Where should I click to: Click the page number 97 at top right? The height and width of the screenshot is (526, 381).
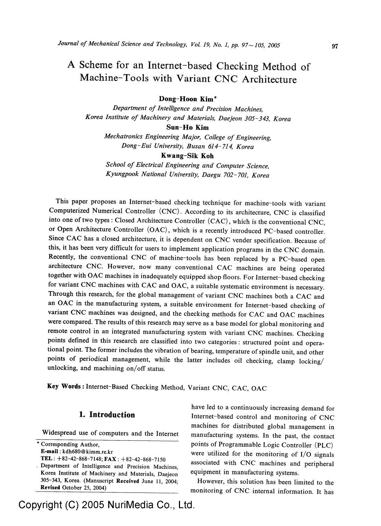[335, 46]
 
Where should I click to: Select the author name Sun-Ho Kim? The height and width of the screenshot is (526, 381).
[188, 128]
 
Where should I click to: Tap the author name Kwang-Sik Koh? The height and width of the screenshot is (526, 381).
[187, 156]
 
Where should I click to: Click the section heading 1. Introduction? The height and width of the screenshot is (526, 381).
[107, 415]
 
